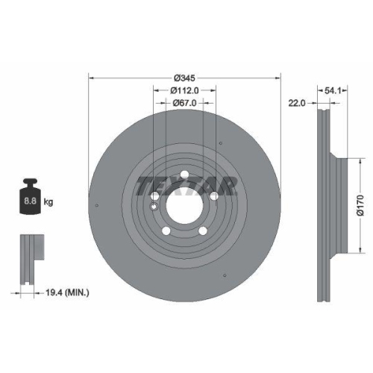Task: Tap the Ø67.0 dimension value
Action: (185, 103)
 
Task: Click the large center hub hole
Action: (183, 203)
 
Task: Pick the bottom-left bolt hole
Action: (163, 233)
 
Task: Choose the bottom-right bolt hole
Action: (203, 233)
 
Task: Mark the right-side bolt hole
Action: (214, 196)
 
